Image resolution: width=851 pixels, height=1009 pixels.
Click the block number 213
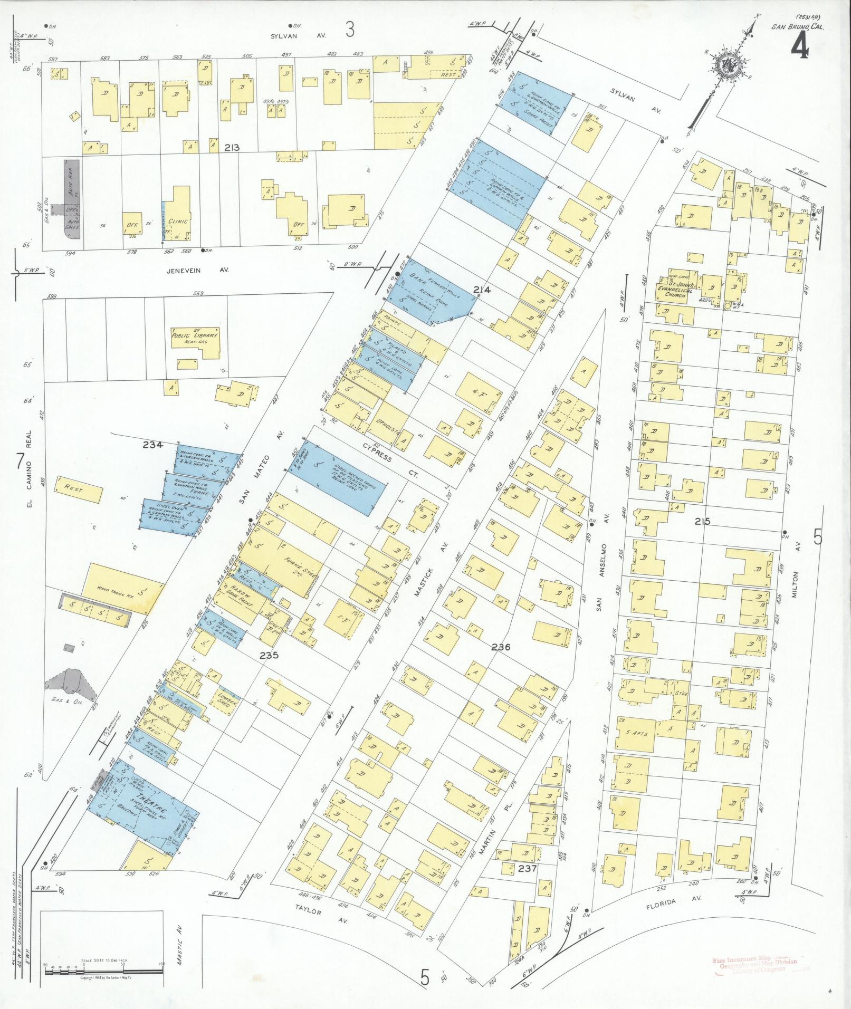pyautogui.click(x=231, y=148)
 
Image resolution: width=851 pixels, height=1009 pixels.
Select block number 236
pyautogui.click(x=500, y=647)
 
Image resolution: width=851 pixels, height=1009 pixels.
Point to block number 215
pyautogui.click(x=702, y=522)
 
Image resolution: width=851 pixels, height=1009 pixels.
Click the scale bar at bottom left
pyautogui.click(x=103, y=964)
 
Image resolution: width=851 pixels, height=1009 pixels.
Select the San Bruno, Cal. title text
pyautogui.click(x=797, y=27)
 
